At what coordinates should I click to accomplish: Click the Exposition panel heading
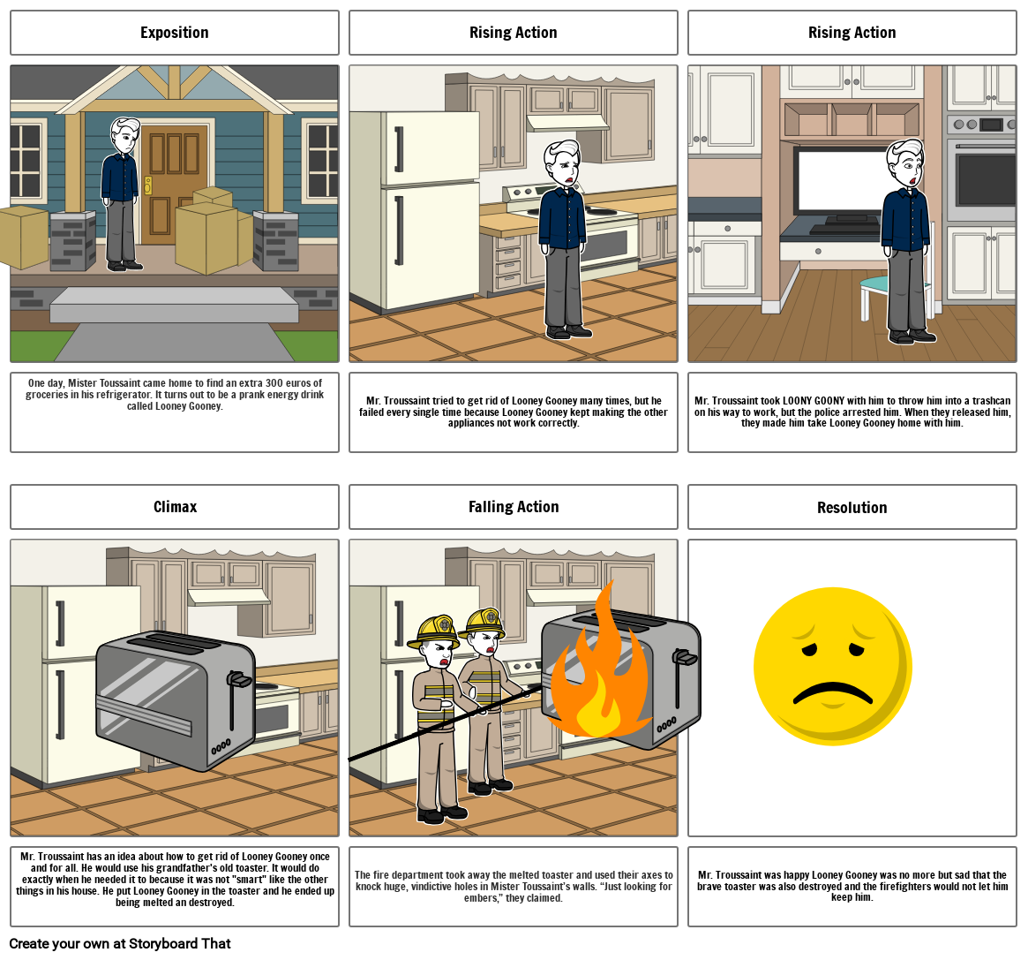(x=175, y=33)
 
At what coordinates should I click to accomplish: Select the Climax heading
(x=175, y=507)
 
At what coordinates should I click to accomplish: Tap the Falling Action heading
(x=514, y=507)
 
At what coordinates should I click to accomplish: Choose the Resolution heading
(x=852, y=507)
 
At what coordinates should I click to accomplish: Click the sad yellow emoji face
(x=833, y=666)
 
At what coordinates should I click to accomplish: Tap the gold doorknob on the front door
(x=147, y=187)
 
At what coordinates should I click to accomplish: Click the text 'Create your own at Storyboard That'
(x=120, y=943)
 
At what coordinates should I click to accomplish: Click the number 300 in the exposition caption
(x=274, y=382)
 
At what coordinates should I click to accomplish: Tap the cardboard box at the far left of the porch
(x=24, y=238)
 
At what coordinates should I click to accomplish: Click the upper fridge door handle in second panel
(x=399, y=149)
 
